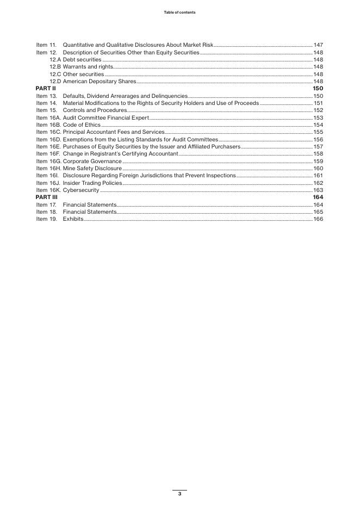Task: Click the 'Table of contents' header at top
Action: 179,12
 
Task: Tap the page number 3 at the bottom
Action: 179,494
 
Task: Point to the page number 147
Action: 318,45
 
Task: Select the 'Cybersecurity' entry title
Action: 81,190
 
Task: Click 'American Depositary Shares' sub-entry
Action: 100,81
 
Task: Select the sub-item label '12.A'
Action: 55,59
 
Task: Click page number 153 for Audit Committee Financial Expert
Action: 318,117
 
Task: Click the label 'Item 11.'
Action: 47,45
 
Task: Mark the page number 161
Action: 318,176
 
